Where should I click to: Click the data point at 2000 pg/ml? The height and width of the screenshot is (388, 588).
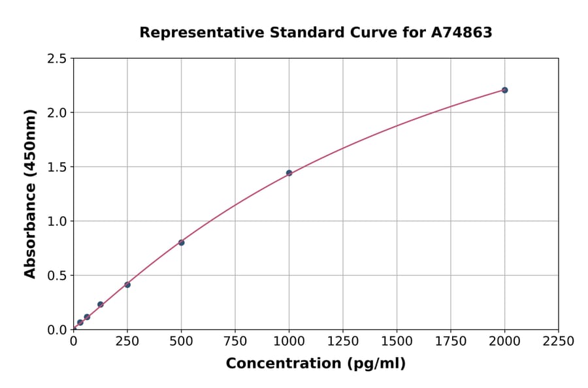pyautogui.click(x=504, y=90)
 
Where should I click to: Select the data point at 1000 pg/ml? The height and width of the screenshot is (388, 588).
pyautogui.click(x=289, y=173)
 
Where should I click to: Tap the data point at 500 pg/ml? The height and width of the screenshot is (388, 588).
pyautogui.click(x=181, y=242)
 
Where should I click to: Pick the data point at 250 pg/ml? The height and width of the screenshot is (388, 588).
pyautogui.click(x=127, y=285)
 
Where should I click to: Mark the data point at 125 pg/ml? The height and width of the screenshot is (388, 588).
pyautogui.click(x=101, y=304)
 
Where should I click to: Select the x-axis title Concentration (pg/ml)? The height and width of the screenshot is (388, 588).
pyautogui.click(x=316, y=364)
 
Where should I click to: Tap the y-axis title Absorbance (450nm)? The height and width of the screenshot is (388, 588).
pyautogui.click(x=30, y=193)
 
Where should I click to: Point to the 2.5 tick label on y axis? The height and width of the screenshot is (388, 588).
pyautogui.click(x=57, y=59)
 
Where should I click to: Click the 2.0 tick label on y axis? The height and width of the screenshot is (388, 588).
pyautogui.click(x=57, y=113)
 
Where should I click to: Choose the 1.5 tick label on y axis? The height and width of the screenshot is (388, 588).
pyautogui.click(x=57, y=167)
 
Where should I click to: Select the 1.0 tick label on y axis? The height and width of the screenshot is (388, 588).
pyautogui.click(x=57, y=221)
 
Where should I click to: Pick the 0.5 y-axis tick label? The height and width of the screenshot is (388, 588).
pyautogui.click(x=57, y=276)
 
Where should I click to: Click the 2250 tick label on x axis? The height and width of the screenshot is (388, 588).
pyautogui.click(x=559, y=342)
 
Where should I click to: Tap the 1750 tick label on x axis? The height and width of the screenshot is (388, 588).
pyautogui.click(x=451, y=342)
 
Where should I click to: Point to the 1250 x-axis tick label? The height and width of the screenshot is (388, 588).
pyautogui.click(x=343, y=342)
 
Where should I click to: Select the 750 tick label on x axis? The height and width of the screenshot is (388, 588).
pyautogui.click(x=235, y=342)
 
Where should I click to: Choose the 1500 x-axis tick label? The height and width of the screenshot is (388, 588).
pyautogui.click(x=397, y=342)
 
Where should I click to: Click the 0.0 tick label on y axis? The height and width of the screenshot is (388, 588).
pyautogui.click(x=57, y=330)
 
